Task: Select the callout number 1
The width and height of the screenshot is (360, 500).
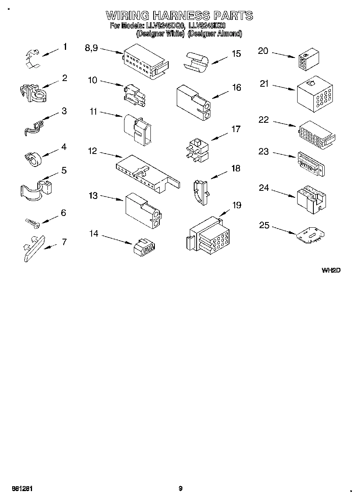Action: (65, 47)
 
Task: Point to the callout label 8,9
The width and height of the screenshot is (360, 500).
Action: (91, 48)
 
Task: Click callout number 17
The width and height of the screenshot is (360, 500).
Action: (236, 129)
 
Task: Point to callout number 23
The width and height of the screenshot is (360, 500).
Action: (264, 152)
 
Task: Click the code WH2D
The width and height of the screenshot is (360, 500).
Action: (331, 270)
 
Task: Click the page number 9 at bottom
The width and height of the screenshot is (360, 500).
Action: (180, 489)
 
